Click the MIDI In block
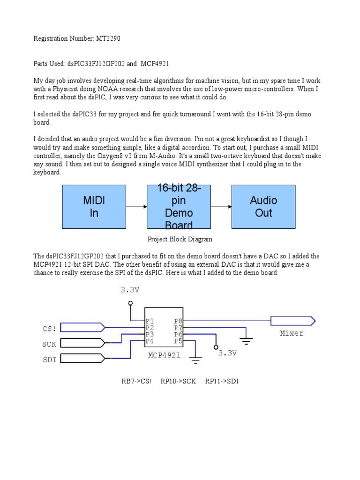tap(94, 207)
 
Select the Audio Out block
tap(263, 207)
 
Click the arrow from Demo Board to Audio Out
tap(220, 207)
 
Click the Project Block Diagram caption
tap(180, 239)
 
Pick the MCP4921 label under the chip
tap(164, 355)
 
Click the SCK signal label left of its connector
tap(49, 344)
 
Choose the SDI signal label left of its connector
tap(49, 360)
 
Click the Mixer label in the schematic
tap(291, 333)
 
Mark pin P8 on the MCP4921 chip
tap(178, 321)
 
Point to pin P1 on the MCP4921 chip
tap(150, 321)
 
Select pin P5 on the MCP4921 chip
tap(178, 341)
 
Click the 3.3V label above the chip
tap(129, 290)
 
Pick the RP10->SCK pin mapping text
tap(178, 381)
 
